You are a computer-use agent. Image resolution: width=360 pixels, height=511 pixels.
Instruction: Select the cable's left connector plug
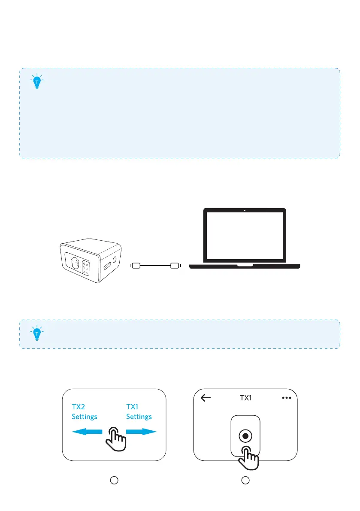click(135, 266)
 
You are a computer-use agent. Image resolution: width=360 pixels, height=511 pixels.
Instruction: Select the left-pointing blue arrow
click(87, 432)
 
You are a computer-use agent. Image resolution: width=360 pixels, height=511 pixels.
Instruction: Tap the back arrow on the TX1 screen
click(206, 398)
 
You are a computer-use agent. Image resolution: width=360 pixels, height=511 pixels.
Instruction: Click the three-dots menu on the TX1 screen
click(286, 398)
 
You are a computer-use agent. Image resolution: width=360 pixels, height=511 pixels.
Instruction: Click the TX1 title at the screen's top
click(245, 398)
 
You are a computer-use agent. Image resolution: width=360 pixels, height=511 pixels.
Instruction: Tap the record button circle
click(245, 436)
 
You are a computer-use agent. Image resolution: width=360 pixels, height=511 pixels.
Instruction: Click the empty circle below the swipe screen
click(114, 481)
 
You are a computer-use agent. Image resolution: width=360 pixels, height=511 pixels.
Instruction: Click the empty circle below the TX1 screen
click(245, 481)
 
